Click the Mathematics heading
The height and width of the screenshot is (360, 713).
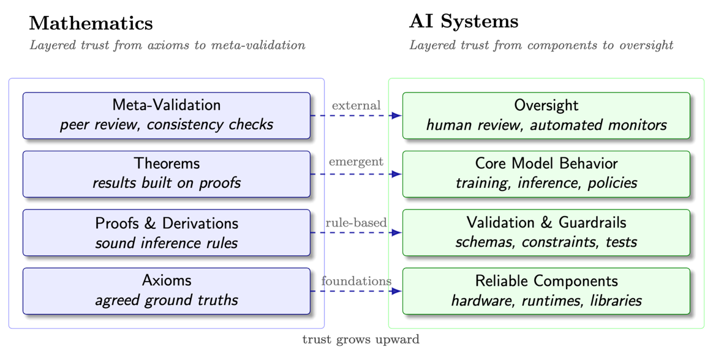point(91,23)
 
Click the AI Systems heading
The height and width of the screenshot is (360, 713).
point(464,21)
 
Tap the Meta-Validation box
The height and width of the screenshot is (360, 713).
point(167,115)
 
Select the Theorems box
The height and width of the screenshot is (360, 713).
point(167,174)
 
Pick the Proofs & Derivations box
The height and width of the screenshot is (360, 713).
point(167,233)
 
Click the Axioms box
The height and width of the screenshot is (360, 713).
point(167,291)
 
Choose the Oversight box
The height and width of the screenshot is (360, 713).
point(546,115)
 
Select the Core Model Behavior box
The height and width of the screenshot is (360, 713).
point(546,174)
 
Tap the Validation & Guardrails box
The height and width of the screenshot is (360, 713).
point(546,233)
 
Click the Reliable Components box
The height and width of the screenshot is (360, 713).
point(546,291)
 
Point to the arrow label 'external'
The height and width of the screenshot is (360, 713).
point(356,105)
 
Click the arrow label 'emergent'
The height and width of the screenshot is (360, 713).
point(356,162)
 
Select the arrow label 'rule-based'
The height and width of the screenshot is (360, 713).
point(356,223)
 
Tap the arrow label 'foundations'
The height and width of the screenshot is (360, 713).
point(356,281)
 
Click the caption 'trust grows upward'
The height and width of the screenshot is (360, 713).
point(361,339)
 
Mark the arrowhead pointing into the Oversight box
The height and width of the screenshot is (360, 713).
point(397,115)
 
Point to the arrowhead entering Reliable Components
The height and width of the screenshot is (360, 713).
point(397,291)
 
